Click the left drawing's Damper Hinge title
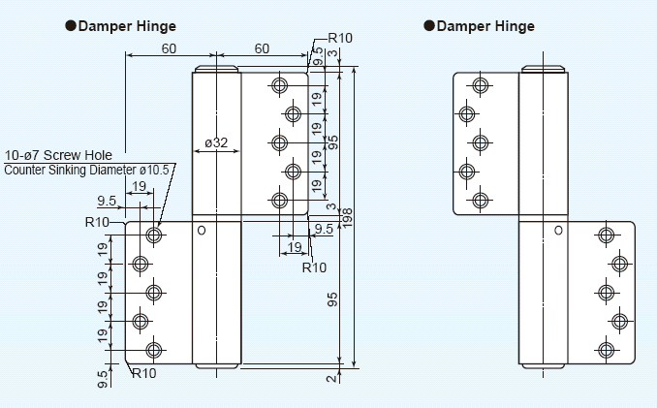coord(127,26)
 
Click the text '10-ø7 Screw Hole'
coord(59,155)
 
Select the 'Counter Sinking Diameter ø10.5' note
coord(87,170)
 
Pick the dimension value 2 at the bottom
coord(331,378)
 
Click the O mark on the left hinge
coord(202,231)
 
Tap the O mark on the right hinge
coord(558,231)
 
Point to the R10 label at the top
coord(340,39)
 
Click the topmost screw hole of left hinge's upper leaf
coord(280,85)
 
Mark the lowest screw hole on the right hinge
coord(606,350)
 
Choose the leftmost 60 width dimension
coord(169,47)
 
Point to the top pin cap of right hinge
coord(543,70)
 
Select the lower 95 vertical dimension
coord(331,300)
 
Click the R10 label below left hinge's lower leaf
coord(144,373)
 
